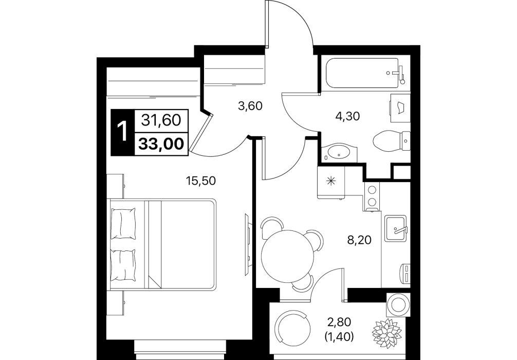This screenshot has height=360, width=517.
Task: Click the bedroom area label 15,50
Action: coord(200,181)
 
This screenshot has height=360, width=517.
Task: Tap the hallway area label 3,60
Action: coord(250,106)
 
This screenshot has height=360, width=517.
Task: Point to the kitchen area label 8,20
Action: coord(359,240)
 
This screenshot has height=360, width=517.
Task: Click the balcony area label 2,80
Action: coord(340,321)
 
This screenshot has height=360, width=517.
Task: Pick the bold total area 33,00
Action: coord(161,144)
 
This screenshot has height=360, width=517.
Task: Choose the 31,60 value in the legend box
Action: coord(161,120)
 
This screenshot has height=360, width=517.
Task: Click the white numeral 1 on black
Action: coord(123,131)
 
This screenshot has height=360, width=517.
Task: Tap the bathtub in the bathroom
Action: coord(362,73)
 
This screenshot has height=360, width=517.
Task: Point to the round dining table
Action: coord(287,256)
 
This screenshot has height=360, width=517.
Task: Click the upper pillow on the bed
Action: coord(124,223)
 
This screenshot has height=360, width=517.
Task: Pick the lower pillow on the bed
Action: coord(124,265)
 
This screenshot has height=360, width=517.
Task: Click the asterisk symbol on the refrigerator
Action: coord(331,181)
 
